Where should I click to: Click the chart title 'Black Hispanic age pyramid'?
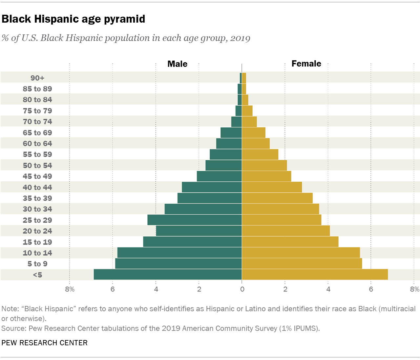73,19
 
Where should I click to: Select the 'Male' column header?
177,64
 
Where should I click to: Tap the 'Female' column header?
306,64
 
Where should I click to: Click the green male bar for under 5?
168,275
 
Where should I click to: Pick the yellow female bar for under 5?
315,275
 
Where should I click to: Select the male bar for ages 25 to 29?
195,220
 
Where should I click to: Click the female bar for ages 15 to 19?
290,242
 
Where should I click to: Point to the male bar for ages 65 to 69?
231,133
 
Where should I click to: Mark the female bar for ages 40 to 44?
272,187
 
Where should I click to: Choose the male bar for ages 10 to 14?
179,253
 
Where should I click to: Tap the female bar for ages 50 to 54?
264,166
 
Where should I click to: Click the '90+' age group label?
37,78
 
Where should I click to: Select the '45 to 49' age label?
37,176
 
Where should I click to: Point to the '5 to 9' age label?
37,264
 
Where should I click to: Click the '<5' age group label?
37,275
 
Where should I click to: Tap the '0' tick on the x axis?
242,289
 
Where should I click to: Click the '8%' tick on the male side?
70,289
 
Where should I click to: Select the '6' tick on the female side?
371,289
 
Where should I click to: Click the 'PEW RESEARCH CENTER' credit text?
44,343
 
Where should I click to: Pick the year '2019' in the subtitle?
240,38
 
